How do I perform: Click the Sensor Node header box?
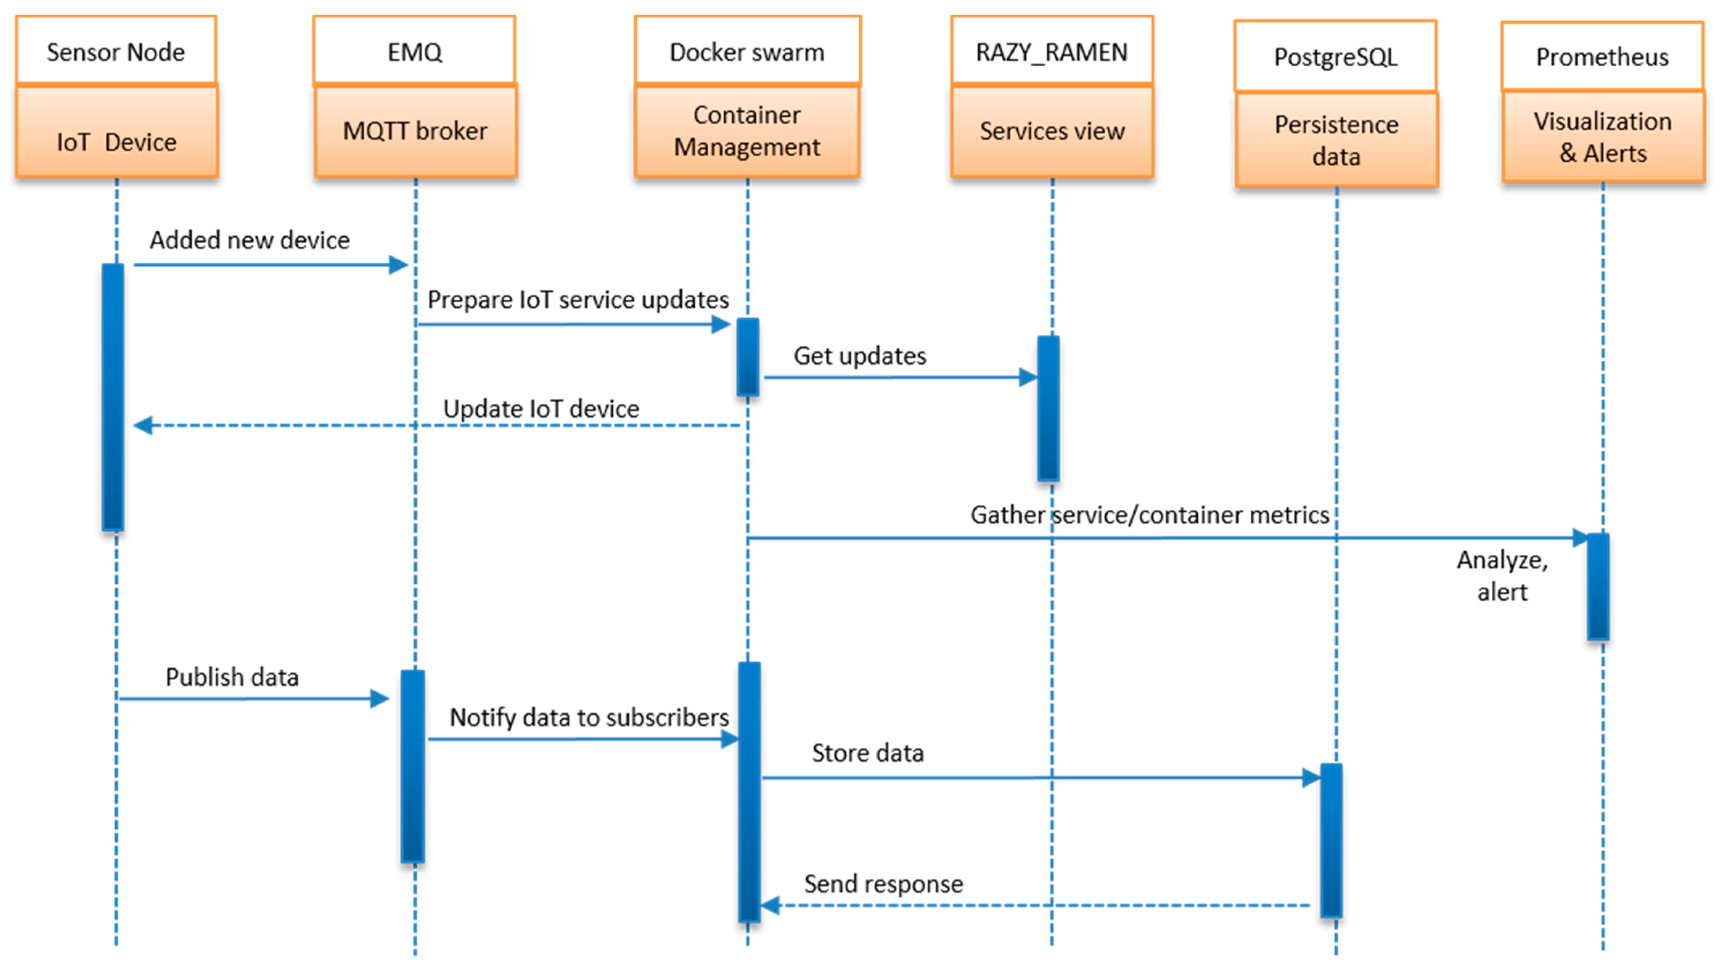pos(116,51)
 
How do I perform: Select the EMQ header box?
pos(414,51)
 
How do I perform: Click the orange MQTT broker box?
pos(415,131)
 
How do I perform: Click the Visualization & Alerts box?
pos(1602,137)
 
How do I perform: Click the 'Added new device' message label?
pos(249,239)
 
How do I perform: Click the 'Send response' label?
pos(883,883)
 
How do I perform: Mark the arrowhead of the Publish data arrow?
pos(380,699)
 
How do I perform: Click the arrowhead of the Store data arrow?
pos(1311,778)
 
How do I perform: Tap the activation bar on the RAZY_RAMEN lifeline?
pos(1048,408)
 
